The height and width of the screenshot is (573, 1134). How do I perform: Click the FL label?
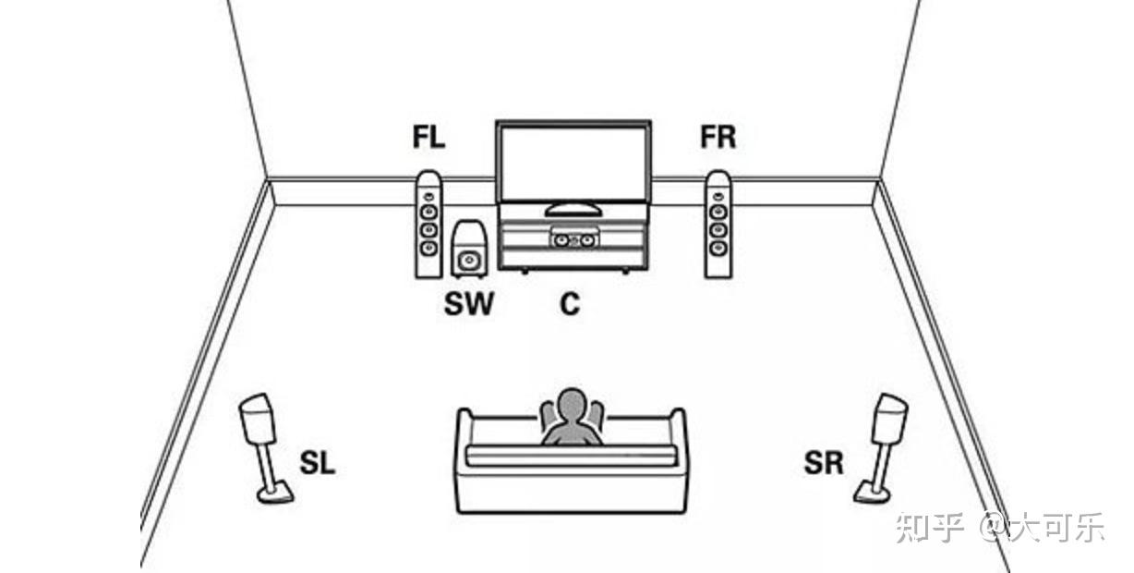click(428, 138)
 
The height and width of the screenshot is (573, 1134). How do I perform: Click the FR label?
click(718, 138)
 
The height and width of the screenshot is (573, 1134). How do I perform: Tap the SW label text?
click(468, 303)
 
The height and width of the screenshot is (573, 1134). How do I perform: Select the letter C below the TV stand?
click(570, 303)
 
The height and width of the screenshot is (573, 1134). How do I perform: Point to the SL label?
click(317, 463)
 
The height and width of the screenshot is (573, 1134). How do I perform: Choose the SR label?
click(823, 463)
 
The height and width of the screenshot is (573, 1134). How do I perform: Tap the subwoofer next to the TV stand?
click(468, 249)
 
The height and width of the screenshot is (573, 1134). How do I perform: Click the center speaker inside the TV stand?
click(573, 240)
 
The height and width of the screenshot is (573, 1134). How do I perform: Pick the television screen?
click(573, 162)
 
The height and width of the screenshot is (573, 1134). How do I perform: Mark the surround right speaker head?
click(890, 419)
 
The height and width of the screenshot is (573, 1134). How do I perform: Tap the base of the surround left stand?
click(274, 495)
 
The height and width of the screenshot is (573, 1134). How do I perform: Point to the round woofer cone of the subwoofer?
click(469, 260)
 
